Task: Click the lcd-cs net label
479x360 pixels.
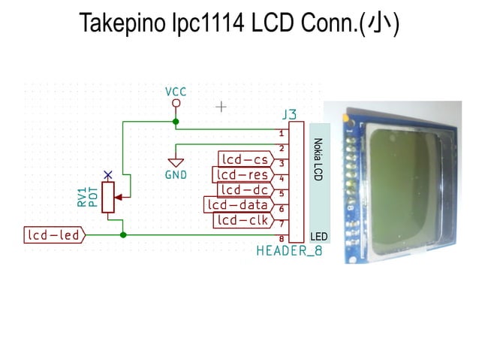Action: (244, 159)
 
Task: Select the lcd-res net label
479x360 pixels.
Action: (240, 174)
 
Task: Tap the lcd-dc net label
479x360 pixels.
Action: (244, 189)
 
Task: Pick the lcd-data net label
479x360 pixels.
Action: (236, 204)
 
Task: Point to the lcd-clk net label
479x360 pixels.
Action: (241, 219)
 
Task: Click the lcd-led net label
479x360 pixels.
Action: (54, 235)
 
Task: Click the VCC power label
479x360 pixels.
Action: (176, 92)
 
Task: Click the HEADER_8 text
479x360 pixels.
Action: (289, 250)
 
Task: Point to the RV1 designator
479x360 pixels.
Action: (82, 197)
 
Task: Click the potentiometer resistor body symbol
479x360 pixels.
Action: (109, 197)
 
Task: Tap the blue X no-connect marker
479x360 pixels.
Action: (109, 174)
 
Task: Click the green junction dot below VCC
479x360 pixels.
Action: (176, 121)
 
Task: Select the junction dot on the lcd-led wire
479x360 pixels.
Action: (123, 234)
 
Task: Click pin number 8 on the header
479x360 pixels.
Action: (281, 238)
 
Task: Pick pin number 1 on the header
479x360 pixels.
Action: (281, 132)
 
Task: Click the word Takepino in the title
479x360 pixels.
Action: (121, 24)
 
